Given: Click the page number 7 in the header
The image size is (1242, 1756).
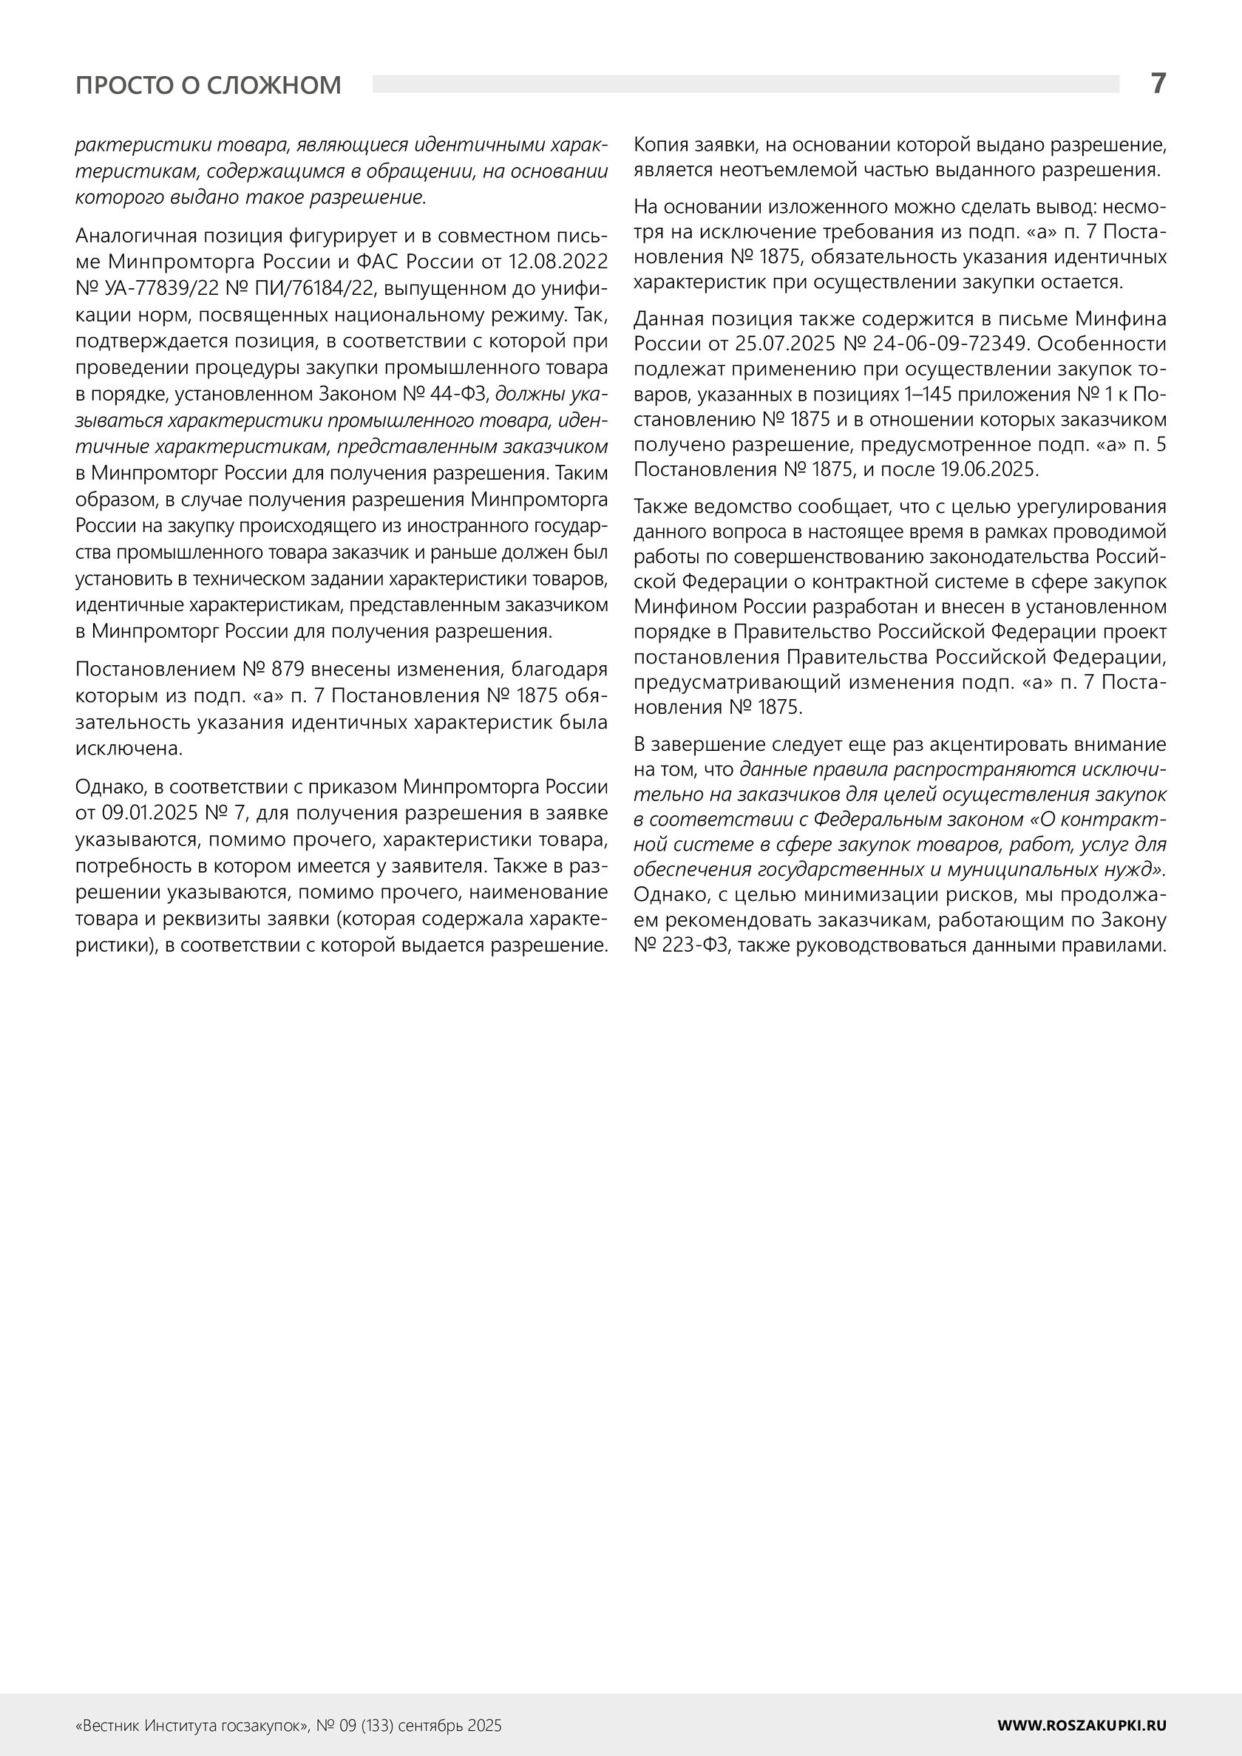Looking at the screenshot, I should point(1158,83).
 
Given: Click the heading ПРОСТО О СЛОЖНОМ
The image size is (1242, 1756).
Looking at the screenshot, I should point(208,85).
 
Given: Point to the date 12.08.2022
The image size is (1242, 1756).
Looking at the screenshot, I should point(558,262).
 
